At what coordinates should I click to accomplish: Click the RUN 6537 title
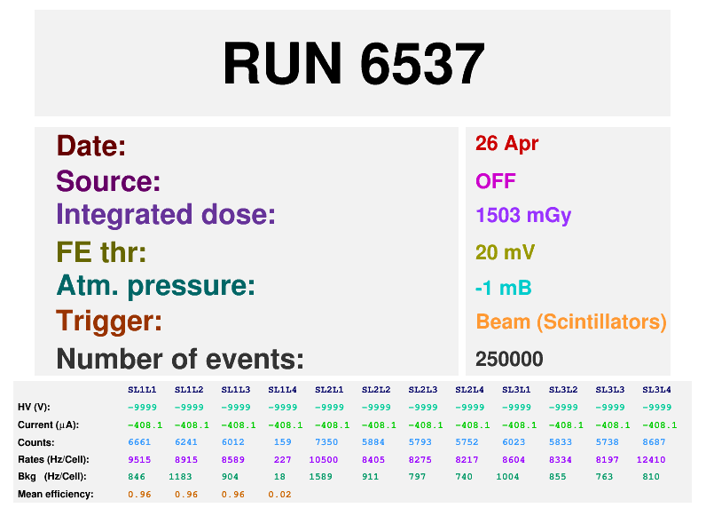(354, 63)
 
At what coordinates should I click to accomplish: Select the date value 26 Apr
(506, 144)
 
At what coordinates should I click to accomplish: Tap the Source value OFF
(496, 181)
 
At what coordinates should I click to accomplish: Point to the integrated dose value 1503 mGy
(523, 216)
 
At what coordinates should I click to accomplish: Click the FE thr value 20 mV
(506, 252)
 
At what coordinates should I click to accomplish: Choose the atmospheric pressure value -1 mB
(504, 288)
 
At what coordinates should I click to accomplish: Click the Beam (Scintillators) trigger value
(571, 322)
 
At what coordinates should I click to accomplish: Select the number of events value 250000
(509, 360)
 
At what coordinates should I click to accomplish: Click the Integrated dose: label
(166, 214)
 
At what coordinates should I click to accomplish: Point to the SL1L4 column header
(282, 390)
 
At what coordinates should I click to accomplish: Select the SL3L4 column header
(656, 390)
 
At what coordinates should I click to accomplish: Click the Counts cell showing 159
(283, 442)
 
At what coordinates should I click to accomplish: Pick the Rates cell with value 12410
(651, 460)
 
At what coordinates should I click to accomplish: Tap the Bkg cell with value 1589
(320, 476)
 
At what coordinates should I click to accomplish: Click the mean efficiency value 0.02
(279, 495)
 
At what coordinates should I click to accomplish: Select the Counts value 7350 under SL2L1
(326, 442)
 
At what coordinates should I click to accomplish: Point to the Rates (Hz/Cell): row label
(53, 460)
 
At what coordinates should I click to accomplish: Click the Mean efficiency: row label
(56, 495)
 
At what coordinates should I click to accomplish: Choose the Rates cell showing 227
(283, 460)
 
